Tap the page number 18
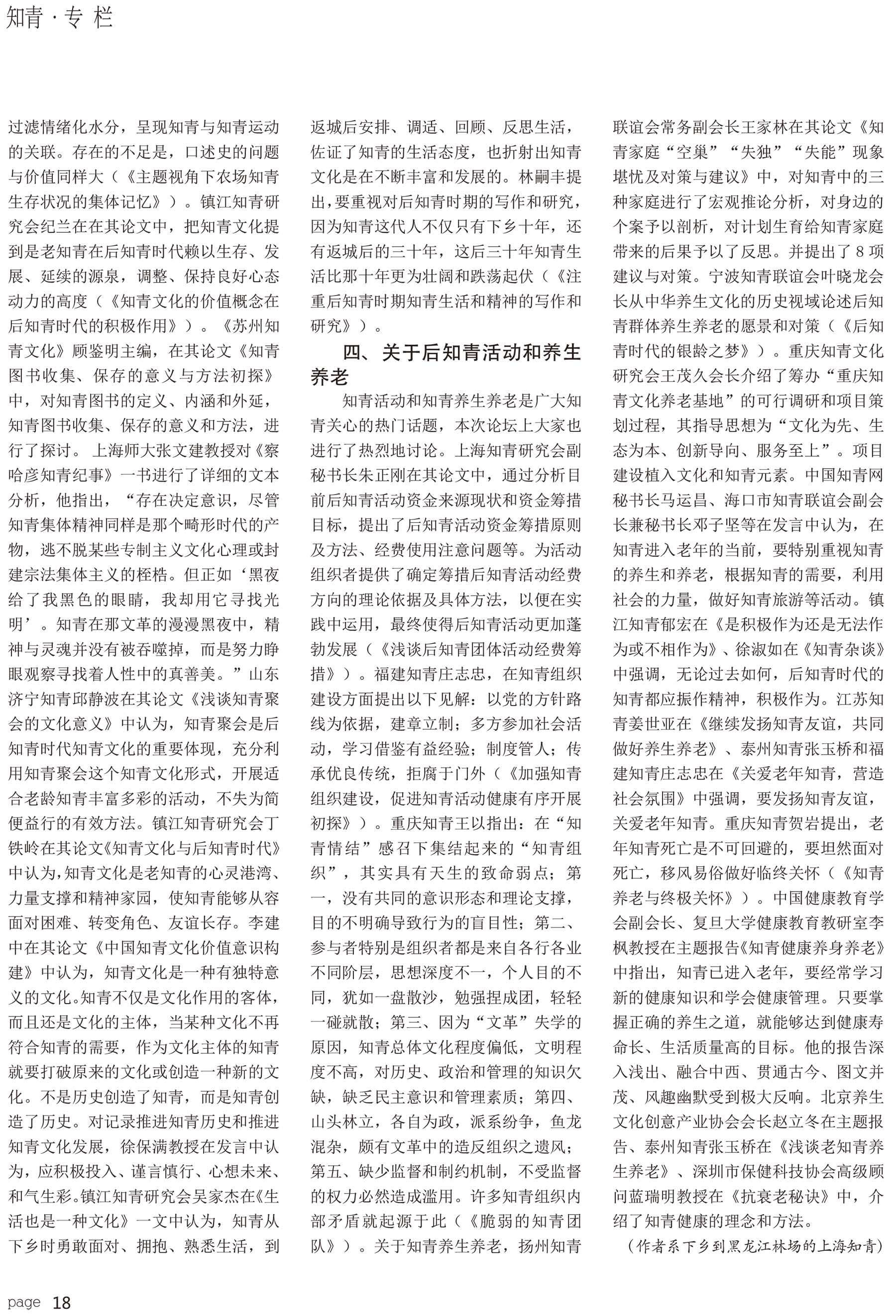61,1303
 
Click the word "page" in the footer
24,1302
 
